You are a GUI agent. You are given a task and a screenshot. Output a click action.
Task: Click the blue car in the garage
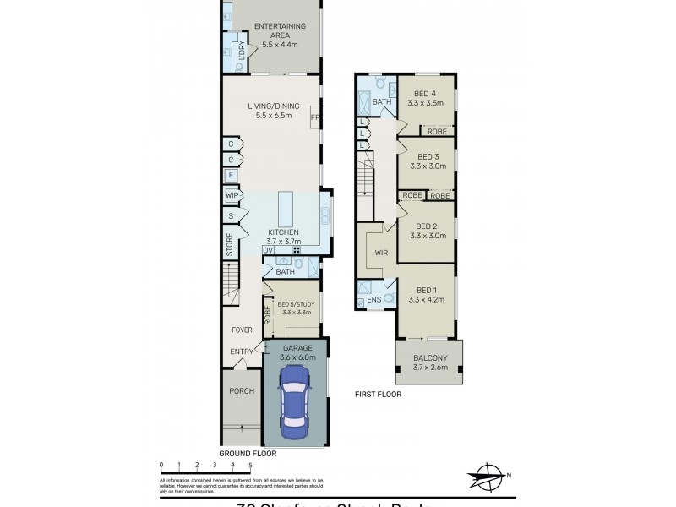tap(293, 404)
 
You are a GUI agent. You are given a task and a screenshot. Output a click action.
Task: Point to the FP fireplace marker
tap(314, 117)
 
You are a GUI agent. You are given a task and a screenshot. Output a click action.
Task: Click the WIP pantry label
tap(231, 196)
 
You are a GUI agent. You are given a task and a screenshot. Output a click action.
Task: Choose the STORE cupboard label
tap(229, 245)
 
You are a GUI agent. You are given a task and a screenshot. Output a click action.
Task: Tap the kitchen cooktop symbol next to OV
tap(297, 250)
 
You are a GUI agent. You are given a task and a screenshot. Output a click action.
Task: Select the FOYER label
tap(243, 330)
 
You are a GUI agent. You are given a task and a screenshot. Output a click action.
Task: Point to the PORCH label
tap(242, 391)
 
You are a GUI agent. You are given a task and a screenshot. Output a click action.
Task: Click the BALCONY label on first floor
tap(429, 357)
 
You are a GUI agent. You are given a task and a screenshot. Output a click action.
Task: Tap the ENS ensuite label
tap(373, 299)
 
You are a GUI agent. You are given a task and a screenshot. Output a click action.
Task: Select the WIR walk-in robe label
tap(381, 252)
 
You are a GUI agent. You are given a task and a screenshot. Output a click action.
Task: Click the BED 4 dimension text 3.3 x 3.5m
tap(426, 104)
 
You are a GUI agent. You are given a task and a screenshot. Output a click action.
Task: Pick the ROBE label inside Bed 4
tap(437, 131)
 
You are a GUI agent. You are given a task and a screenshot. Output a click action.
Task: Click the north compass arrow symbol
tap(488, 476)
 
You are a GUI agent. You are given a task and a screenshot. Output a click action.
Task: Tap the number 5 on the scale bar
tap(250, 465)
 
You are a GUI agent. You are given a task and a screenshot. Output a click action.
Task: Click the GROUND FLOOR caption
tap(248, 453)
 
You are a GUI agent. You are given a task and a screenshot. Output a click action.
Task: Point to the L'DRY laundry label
tap(242, 51)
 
